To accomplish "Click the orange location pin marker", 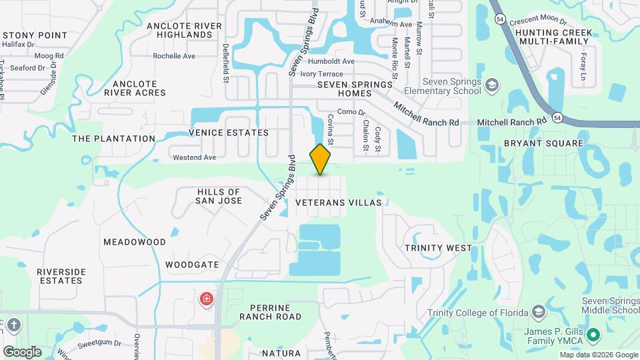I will click(321, 159).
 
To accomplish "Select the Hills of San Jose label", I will click(219, 196).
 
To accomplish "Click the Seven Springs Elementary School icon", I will click(491, 85).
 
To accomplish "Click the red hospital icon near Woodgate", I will click(207, 298).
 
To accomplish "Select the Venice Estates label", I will click(229, 133).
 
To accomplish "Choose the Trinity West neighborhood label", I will click(439, 248).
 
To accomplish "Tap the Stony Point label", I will click(35, 35).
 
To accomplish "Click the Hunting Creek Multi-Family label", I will click(549, 36).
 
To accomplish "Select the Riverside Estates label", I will click(60, 276).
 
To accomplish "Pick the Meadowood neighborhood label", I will click(135, 241).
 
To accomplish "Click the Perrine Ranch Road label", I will click(275, 312).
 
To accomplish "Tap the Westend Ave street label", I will click(194, 157).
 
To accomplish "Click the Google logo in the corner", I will click(22, 352).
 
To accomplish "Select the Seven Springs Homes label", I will click(354, 89).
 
